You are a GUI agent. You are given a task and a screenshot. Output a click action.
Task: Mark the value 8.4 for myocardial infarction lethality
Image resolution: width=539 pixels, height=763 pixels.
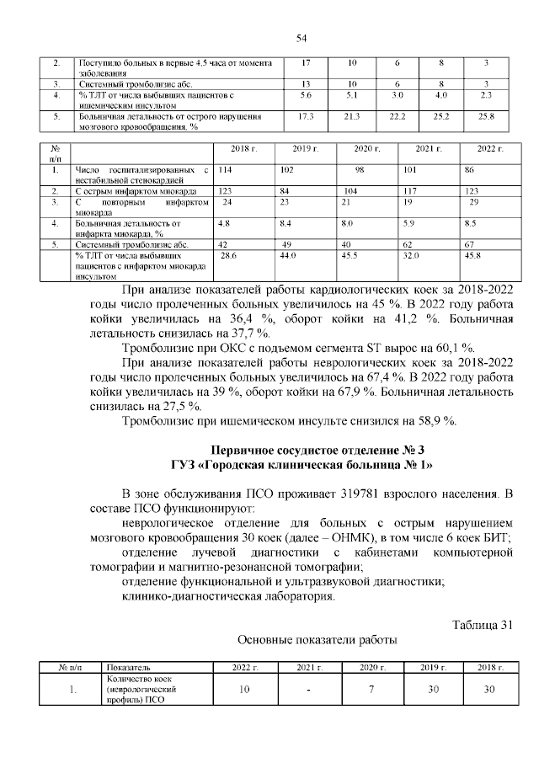(x=286, y=224)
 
